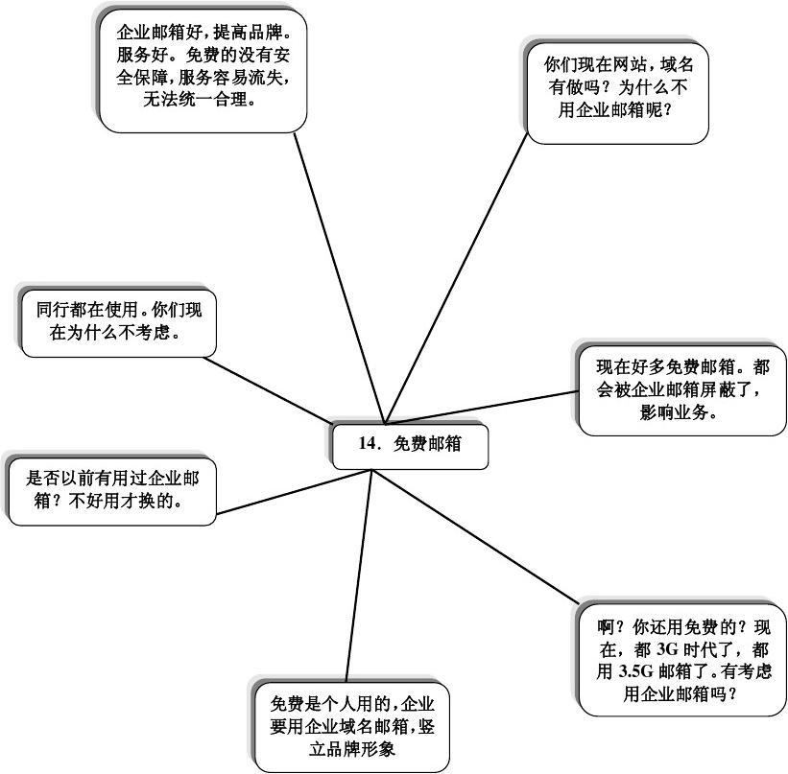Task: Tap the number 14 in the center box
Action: pos(368,444)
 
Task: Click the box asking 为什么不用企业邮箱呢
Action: pos(617,92)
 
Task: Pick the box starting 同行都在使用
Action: pos(118,321)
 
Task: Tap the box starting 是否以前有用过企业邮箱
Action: pos(111,489)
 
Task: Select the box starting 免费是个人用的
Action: pos(352,724)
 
